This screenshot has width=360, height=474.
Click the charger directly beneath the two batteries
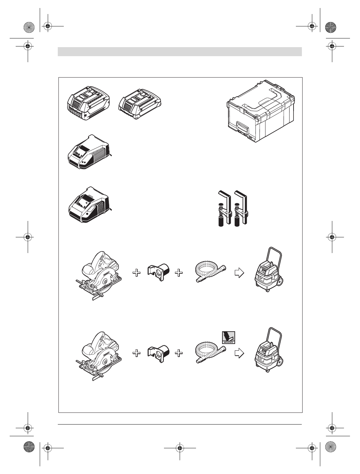tap(89, 152)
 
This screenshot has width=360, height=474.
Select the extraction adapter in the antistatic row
tap(159, 353)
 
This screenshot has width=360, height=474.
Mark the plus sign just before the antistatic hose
tap(179, 353)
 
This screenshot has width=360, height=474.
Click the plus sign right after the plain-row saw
tap(136, 273)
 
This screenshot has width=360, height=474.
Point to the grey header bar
tap(180, 51)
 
